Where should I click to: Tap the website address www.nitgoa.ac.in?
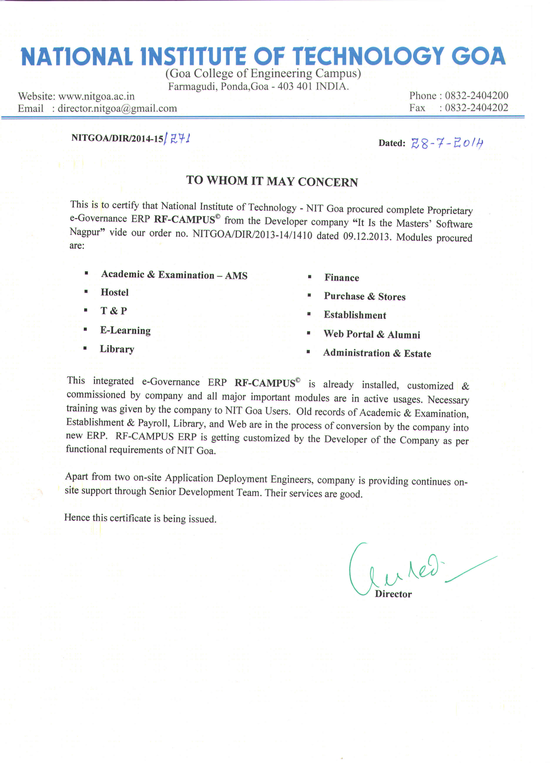pos(96,96)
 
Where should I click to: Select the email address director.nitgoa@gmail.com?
pos(117,108)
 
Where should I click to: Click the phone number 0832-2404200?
pos(476,96)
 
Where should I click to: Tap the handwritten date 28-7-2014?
pos(447,144)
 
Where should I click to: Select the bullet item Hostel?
pos(115,292)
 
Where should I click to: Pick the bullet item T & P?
pos(114,311)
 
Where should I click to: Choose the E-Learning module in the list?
pos(125,330)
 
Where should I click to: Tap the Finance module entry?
pos(342,278)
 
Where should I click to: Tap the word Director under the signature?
pos(393,594)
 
